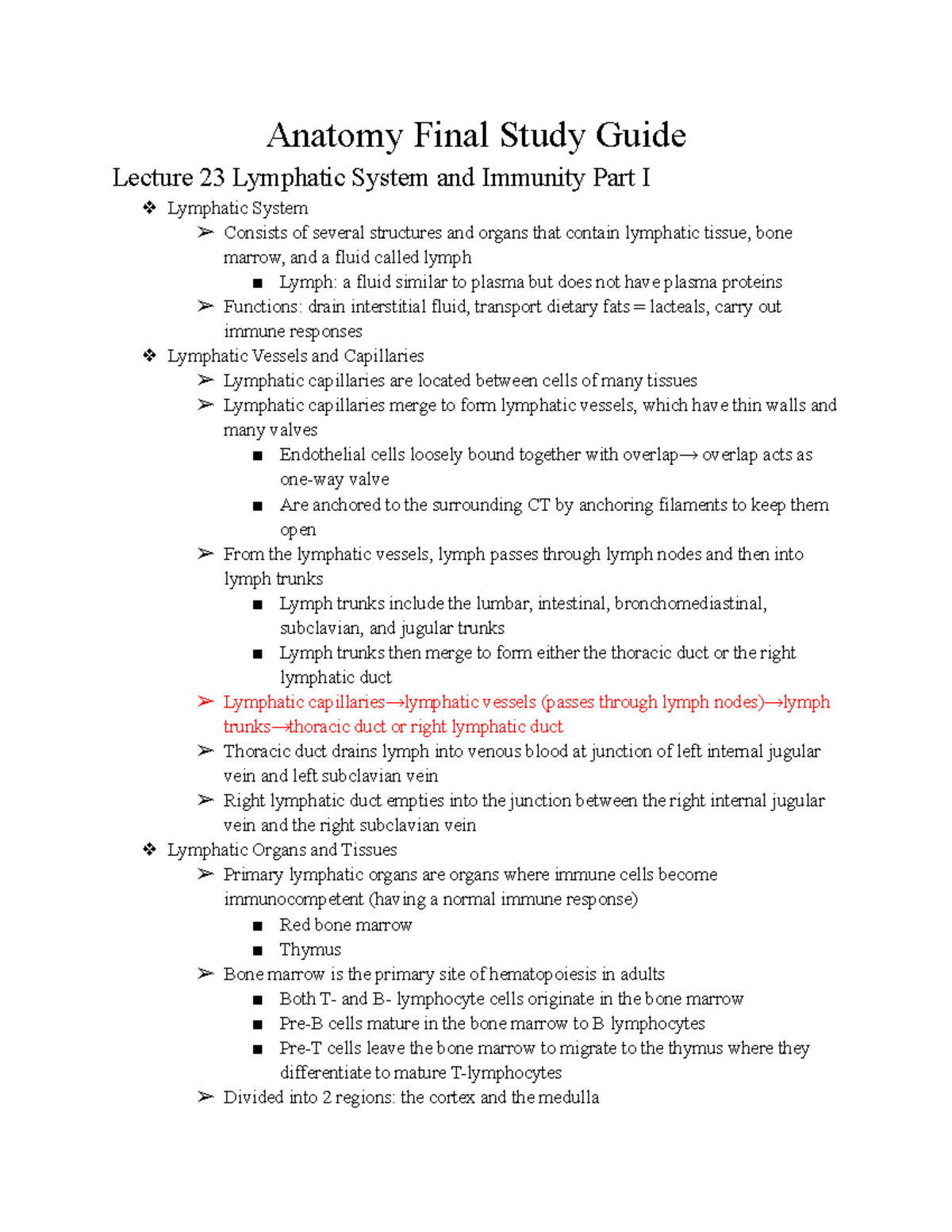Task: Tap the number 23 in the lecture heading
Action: pos(212,178)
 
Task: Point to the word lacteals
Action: pos(678,307)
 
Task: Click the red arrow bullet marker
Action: pos(205,702)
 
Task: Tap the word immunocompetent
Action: pos(294,900)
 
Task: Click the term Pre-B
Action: pos(301,1023)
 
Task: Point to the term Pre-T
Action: pos(301,1049)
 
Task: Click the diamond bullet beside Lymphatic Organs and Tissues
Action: pos(149,850)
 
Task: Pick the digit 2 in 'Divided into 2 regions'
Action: pos(326,1098)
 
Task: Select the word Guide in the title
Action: pos(641,136)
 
